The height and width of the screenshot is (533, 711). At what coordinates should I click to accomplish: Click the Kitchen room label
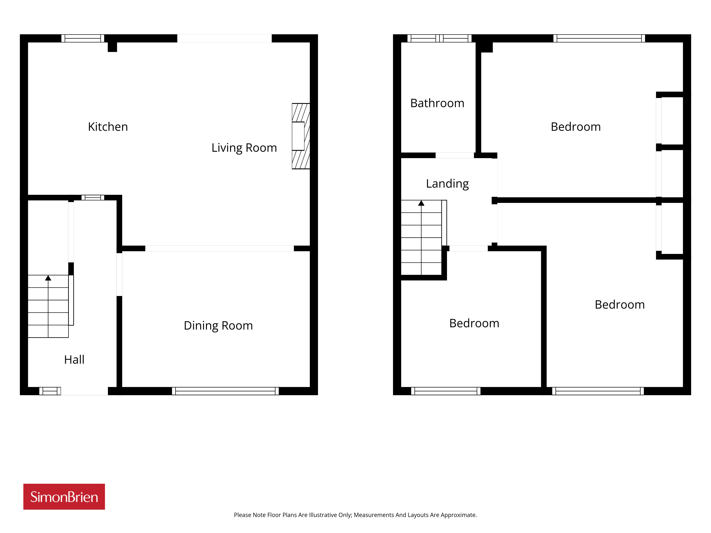click(x=108, y=127)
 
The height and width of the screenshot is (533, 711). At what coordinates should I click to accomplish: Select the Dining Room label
click(x=218, y=326)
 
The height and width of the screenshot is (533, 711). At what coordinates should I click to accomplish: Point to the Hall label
click(x=74, y=360)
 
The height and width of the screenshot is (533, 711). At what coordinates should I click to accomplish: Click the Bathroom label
click(x=437, y=103)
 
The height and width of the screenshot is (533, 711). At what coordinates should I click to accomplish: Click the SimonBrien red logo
click(x=64, y=497)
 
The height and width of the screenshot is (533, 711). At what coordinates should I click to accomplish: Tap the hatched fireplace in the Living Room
click(x=301, y=136)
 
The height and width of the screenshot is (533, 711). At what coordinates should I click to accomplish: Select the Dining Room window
click(x=225, y=391)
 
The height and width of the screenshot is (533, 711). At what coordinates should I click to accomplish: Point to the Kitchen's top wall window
click(x=83, y=38)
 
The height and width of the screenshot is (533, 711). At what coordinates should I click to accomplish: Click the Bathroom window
click(x=439, y=38)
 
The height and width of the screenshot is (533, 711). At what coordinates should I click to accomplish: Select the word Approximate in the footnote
click(x=459, y=515)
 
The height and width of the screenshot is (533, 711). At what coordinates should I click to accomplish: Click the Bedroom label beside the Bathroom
click(x=576, y=127)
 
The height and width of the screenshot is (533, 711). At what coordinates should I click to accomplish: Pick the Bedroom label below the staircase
click(x=474, y=323)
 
